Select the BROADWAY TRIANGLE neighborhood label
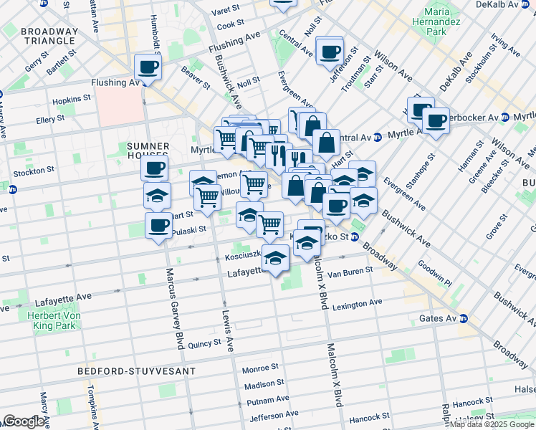point(49,37)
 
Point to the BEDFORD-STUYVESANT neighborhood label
point(137,371)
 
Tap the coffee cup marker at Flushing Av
point(148,67)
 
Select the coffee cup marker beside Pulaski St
point(158,226)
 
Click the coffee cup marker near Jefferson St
point(330,51)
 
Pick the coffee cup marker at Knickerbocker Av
point(435,120)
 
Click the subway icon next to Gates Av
point(464,319)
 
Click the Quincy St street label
point(205,343)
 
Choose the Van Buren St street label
point(350,272)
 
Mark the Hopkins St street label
point(72,98)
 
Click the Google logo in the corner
point(24,421)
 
